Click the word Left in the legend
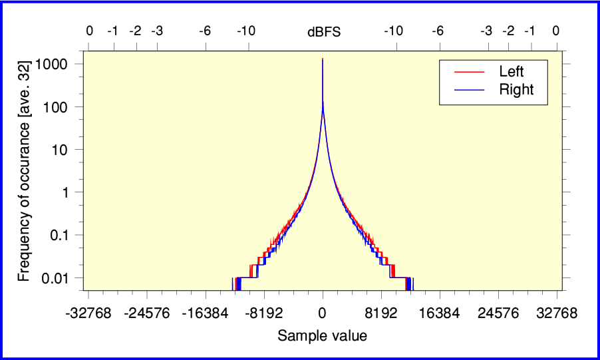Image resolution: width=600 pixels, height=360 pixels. click(x=512, y=72)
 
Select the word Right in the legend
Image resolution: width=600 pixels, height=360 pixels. click(x=516, y=90)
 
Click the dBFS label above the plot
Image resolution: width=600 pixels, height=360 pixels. click(x=323, y=31)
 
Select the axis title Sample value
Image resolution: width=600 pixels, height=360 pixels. click(x=323, y=336)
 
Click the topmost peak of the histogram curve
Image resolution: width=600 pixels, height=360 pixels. click(x=323, y=59)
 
